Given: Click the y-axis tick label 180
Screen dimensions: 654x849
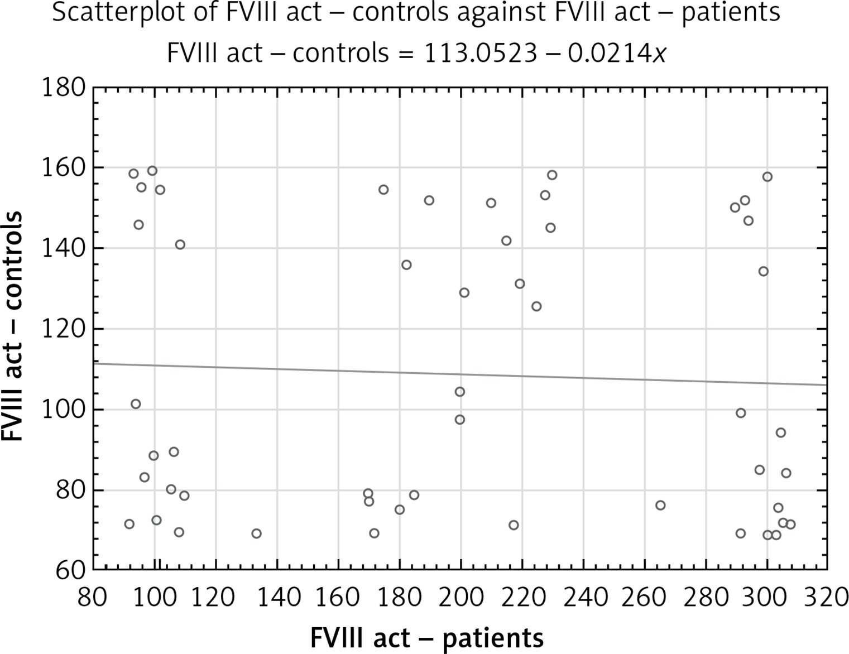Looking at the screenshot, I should point(64,88).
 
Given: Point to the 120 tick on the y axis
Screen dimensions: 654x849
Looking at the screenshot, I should point(64,329).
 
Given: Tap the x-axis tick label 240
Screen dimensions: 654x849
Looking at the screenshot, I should point(583,598).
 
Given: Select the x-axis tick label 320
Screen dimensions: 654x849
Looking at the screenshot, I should point(826,598).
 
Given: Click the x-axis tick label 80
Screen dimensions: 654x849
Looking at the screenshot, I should point(92,598).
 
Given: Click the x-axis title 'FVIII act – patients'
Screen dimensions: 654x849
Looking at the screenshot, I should point(427,637).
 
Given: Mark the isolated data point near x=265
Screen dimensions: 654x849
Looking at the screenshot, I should point(660,506).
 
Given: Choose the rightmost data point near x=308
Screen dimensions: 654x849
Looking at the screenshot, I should point(790,525).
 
